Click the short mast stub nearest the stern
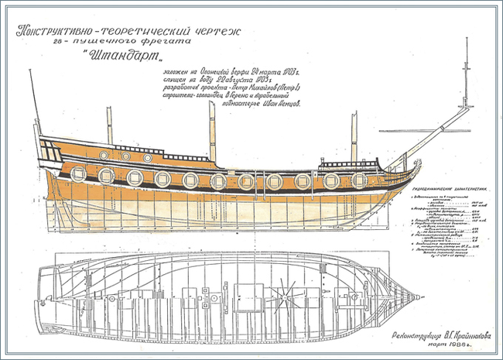[x=109, y=125]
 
